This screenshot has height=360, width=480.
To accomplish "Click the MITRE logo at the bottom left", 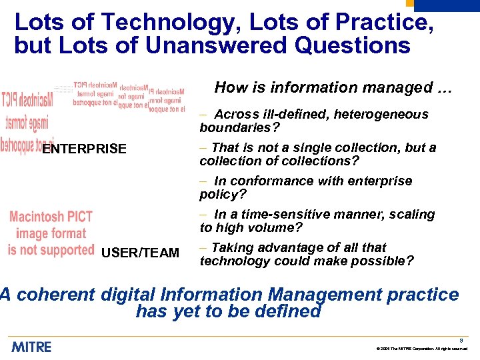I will click(31, 347).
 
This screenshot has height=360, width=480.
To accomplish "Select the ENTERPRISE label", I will click(84, 149).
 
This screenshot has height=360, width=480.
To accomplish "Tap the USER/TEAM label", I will click(140, 253).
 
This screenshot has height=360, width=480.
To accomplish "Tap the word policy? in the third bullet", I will click(223, 194).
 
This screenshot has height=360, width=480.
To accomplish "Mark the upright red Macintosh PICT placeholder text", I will click(51, 233).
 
